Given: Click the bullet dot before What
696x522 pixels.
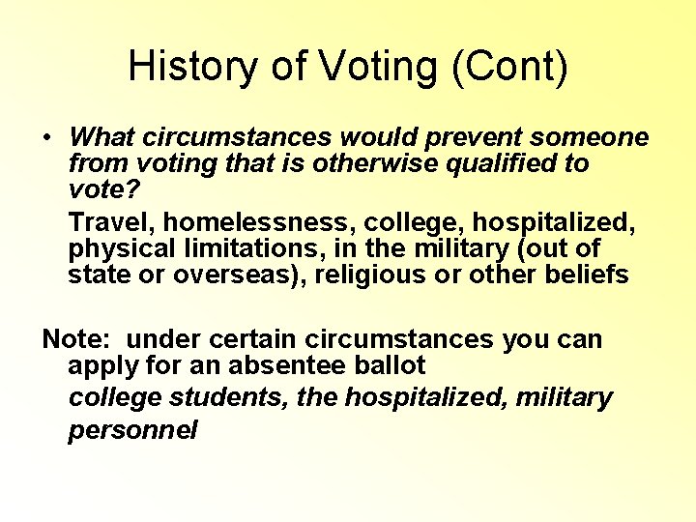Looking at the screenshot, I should click(x=46, y=138).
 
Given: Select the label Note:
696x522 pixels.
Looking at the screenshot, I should click(x=77, y=339).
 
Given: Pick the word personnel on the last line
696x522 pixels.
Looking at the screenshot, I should click(x=132, y=429).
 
